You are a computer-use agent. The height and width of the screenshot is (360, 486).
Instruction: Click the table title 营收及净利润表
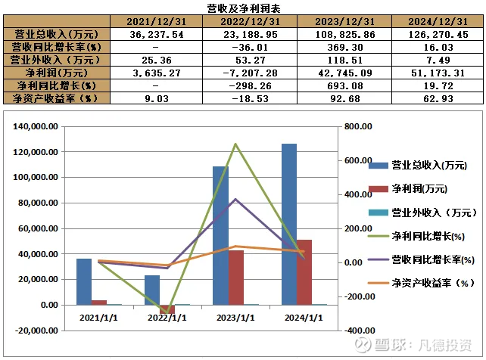[x=242, y=8]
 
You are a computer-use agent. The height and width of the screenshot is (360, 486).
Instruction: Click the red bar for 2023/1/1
[x=235, y=277]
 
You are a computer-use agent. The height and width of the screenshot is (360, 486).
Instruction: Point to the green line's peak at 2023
[x=235, y=144]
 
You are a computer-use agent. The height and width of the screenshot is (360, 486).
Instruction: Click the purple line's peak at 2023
[x=235, y=199]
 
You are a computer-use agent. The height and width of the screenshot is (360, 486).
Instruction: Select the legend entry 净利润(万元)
[x=419, y=189]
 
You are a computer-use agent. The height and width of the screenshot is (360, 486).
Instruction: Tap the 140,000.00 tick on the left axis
[x=36, y=127]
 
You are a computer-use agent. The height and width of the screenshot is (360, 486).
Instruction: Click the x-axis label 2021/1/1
[x=98, y=317]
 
